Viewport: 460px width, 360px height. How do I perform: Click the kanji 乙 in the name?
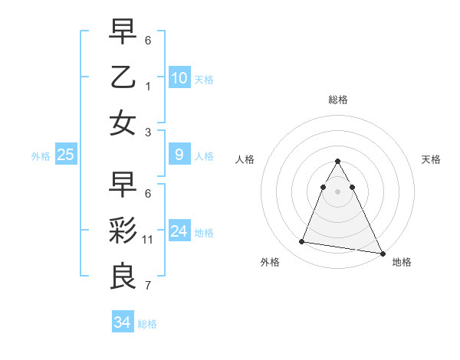tap(123, 77)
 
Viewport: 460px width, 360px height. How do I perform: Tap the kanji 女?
tap(123, 123)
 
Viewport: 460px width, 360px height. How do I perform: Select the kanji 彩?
tap(123, 231)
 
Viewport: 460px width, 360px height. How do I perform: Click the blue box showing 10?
tap(179, 77)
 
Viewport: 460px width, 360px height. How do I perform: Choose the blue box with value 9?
tap(179, 155)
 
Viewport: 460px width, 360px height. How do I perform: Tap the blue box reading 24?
tap(179, 231)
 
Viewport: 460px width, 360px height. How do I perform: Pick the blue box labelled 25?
tap(65, 155)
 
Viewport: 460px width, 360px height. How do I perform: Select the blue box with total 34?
tap(122, 322)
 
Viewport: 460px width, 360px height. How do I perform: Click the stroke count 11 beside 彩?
tap(148, 240)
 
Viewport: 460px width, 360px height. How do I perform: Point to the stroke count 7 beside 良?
tap(148, 286)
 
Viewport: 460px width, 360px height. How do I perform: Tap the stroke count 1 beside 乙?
tap(148, 87)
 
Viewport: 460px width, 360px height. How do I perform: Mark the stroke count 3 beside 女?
tap(148, 132)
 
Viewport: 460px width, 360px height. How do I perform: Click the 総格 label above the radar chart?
tap(338, 100)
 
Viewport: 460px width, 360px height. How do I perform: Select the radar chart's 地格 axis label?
tap(402, 263)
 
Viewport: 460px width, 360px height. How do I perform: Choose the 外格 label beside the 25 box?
tap(41, 155)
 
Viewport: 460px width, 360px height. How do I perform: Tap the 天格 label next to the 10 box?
tap(203, 80)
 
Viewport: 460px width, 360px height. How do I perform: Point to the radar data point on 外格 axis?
tap(302, 242)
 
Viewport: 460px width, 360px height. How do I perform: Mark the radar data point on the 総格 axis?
tap(338, 162)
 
